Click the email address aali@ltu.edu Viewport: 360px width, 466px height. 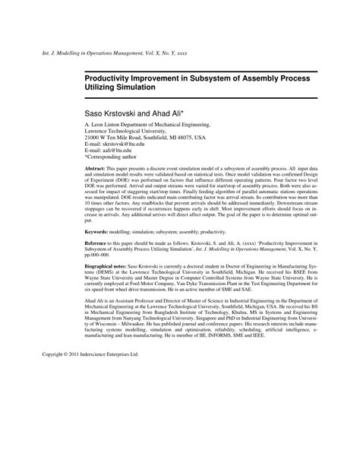point(115,152)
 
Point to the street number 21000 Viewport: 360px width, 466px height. point(95,138)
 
